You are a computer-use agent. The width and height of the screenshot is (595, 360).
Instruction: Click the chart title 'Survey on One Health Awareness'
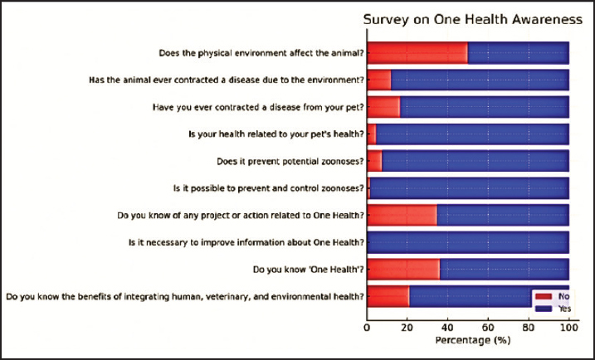coord(468,21)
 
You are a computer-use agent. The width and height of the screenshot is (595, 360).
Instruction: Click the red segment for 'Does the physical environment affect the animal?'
coord(417,53)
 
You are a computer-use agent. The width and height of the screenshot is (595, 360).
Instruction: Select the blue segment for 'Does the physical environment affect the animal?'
coord(518,53)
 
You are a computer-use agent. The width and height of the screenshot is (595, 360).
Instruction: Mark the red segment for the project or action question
coord(402,216)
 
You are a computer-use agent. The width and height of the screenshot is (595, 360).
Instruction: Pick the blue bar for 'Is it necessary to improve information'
coord(468,242)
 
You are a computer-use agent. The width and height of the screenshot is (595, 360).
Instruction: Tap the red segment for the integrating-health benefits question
coord(388,296)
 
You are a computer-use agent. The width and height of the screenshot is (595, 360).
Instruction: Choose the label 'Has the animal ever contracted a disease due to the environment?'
coord(226,80)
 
